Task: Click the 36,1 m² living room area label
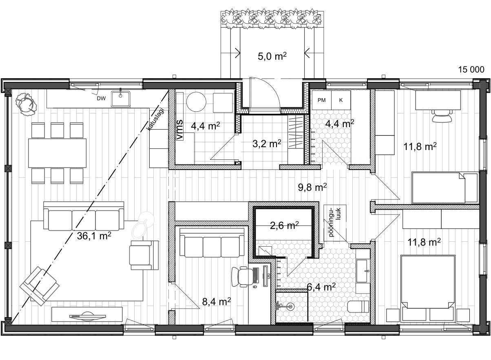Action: (x=94, y=236)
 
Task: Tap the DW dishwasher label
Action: (x=101, y=98)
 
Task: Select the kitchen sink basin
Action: (x=121, y=99)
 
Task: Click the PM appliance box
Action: (x=321, y=100)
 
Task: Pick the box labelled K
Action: (x=341, y=100)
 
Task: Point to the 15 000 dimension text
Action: (x=471, y=70)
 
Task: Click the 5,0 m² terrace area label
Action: (x=272, y=56)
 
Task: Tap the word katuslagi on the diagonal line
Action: (x=156, y=119)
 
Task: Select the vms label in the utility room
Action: (x=179, y=130)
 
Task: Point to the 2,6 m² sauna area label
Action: (x=284, y=225)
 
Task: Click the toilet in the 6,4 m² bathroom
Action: (x=358, y=306)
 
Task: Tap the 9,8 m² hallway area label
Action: (x=312, y=188)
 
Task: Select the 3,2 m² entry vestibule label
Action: (x=267, y=144)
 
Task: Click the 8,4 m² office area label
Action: (x=217, y=302)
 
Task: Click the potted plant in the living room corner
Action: (x=26, y=104)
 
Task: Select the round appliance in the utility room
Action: (x=196, y=102)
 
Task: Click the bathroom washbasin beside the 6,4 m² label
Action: (x=362, y=271)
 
